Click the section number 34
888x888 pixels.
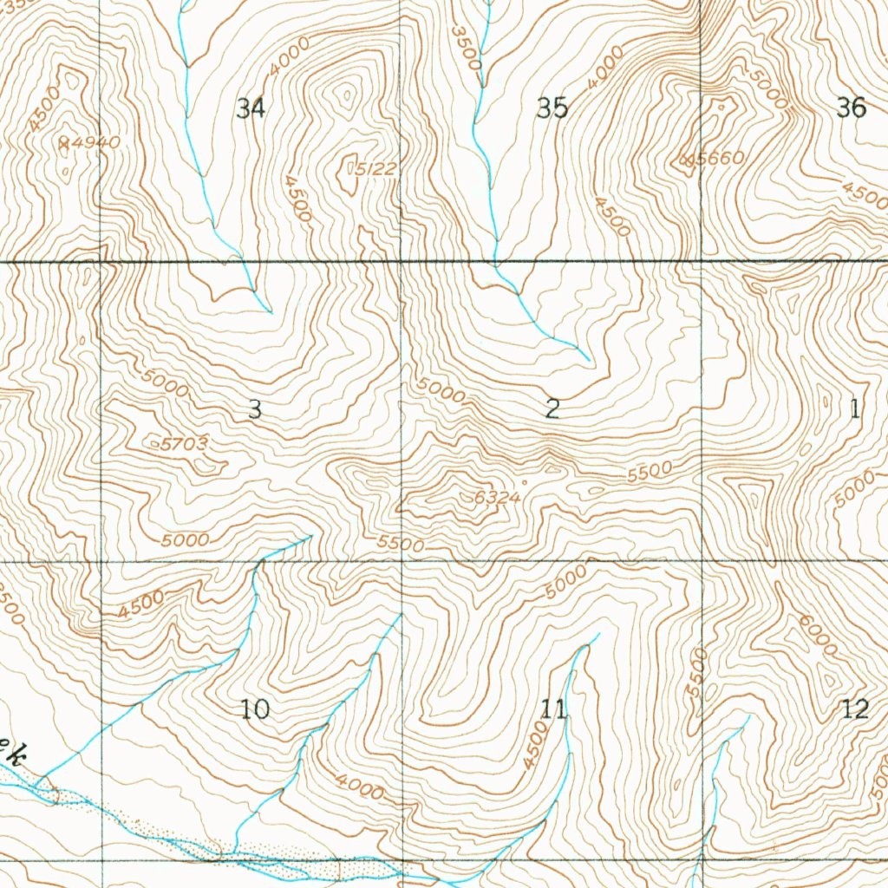point(251,108)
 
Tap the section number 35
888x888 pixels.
point(552,108)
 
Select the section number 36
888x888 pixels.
point(852,108)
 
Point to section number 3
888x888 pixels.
point(254,409)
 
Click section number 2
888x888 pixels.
point(552,409)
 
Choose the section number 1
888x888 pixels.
point(855,408)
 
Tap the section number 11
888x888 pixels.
point(553,710)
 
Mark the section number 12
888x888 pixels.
point(855,709)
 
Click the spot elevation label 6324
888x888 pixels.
point(497,498)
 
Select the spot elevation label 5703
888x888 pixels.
point(184,444)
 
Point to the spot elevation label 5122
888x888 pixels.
point(376,170)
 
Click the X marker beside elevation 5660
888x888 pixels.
point(688,160)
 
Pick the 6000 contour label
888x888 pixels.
point(818,636)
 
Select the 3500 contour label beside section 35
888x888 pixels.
point(467,47)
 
